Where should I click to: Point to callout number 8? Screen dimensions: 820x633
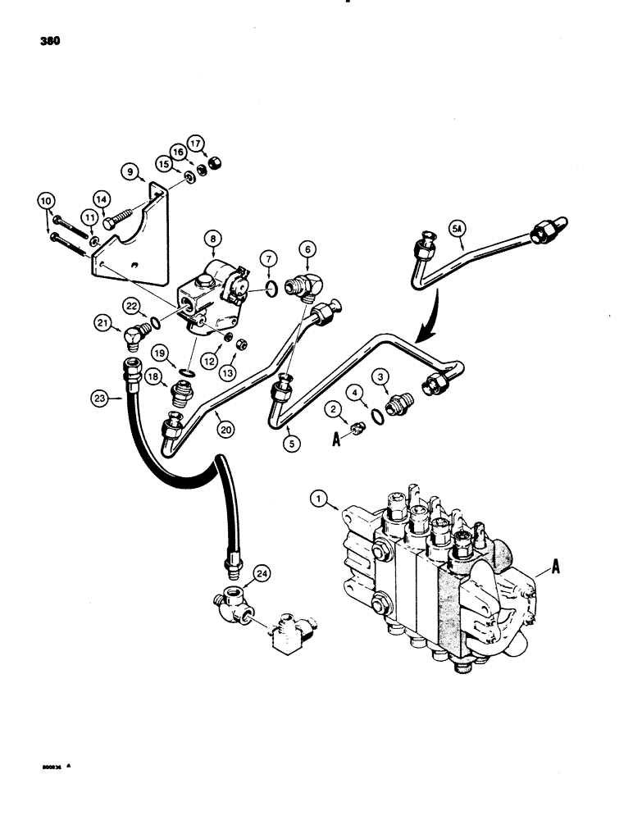(216, 240)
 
